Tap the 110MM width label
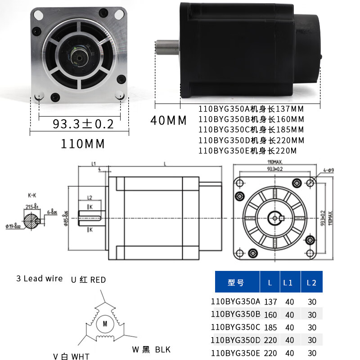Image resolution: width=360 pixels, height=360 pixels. (83, 144)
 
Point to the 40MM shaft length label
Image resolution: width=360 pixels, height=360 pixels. (168, 121)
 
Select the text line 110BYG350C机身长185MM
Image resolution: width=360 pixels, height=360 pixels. (251, 130)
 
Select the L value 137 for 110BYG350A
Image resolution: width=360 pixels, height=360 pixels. (270, 301)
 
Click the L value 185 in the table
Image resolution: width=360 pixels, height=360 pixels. (270, 327)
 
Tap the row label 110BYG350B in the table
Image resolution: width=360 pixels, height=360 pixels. (235, 314)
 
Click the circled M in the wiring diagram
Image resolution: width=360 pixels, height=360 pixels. (104, 323)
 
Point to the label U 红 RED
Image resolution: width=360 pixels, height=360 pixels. (88, 280)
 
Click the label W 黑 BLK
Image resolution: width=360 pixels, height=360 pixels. (151, 349)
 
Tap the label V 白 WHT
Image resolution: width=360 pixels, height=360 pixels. (71, 356)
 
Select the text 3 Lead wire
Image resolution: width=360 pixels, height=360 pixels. (39, 279)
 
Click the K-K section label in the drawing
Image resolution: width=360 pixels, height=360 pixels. (32, 196)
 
